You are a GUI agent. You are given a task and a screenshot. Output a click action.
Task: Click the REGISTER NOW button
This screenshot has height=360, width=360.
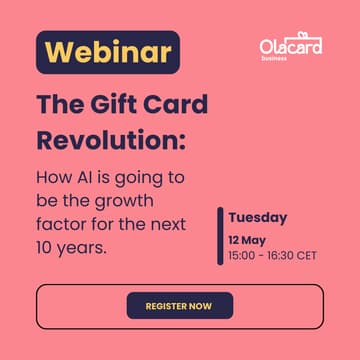(180, 305)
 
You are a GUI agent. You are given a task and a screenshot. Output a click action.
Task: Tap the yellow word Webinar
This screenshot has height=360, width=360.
(107, 52)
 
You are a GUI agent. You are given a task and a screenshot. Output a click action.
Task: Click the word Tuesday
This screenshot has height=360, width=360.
(257, 217)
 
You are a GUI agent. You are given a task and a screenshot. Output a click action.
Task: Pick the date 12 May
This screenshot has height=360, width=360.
(246, 240)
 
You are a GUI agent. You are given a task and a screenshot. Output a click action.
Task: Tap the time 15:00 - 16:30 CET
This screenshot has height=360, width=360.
(272, 255)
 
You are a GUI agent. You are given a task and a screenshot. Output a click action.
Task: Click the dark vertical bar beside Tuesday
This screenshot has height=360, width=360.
(220, 236)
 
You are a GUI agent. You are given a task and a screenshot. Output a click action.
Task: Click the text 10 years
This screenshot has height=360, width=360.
(71, 247)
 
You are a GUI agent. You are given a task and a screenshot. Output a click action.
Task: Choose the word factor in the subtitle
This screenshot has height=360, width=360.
(62, 224)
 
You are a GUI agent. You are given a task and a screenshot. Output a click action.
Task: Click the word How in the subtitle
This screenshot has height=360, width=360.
(54, 177)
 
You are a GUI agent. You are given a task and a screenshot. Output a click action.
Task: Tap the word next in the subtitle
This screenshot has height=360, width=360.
(165, 224)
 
